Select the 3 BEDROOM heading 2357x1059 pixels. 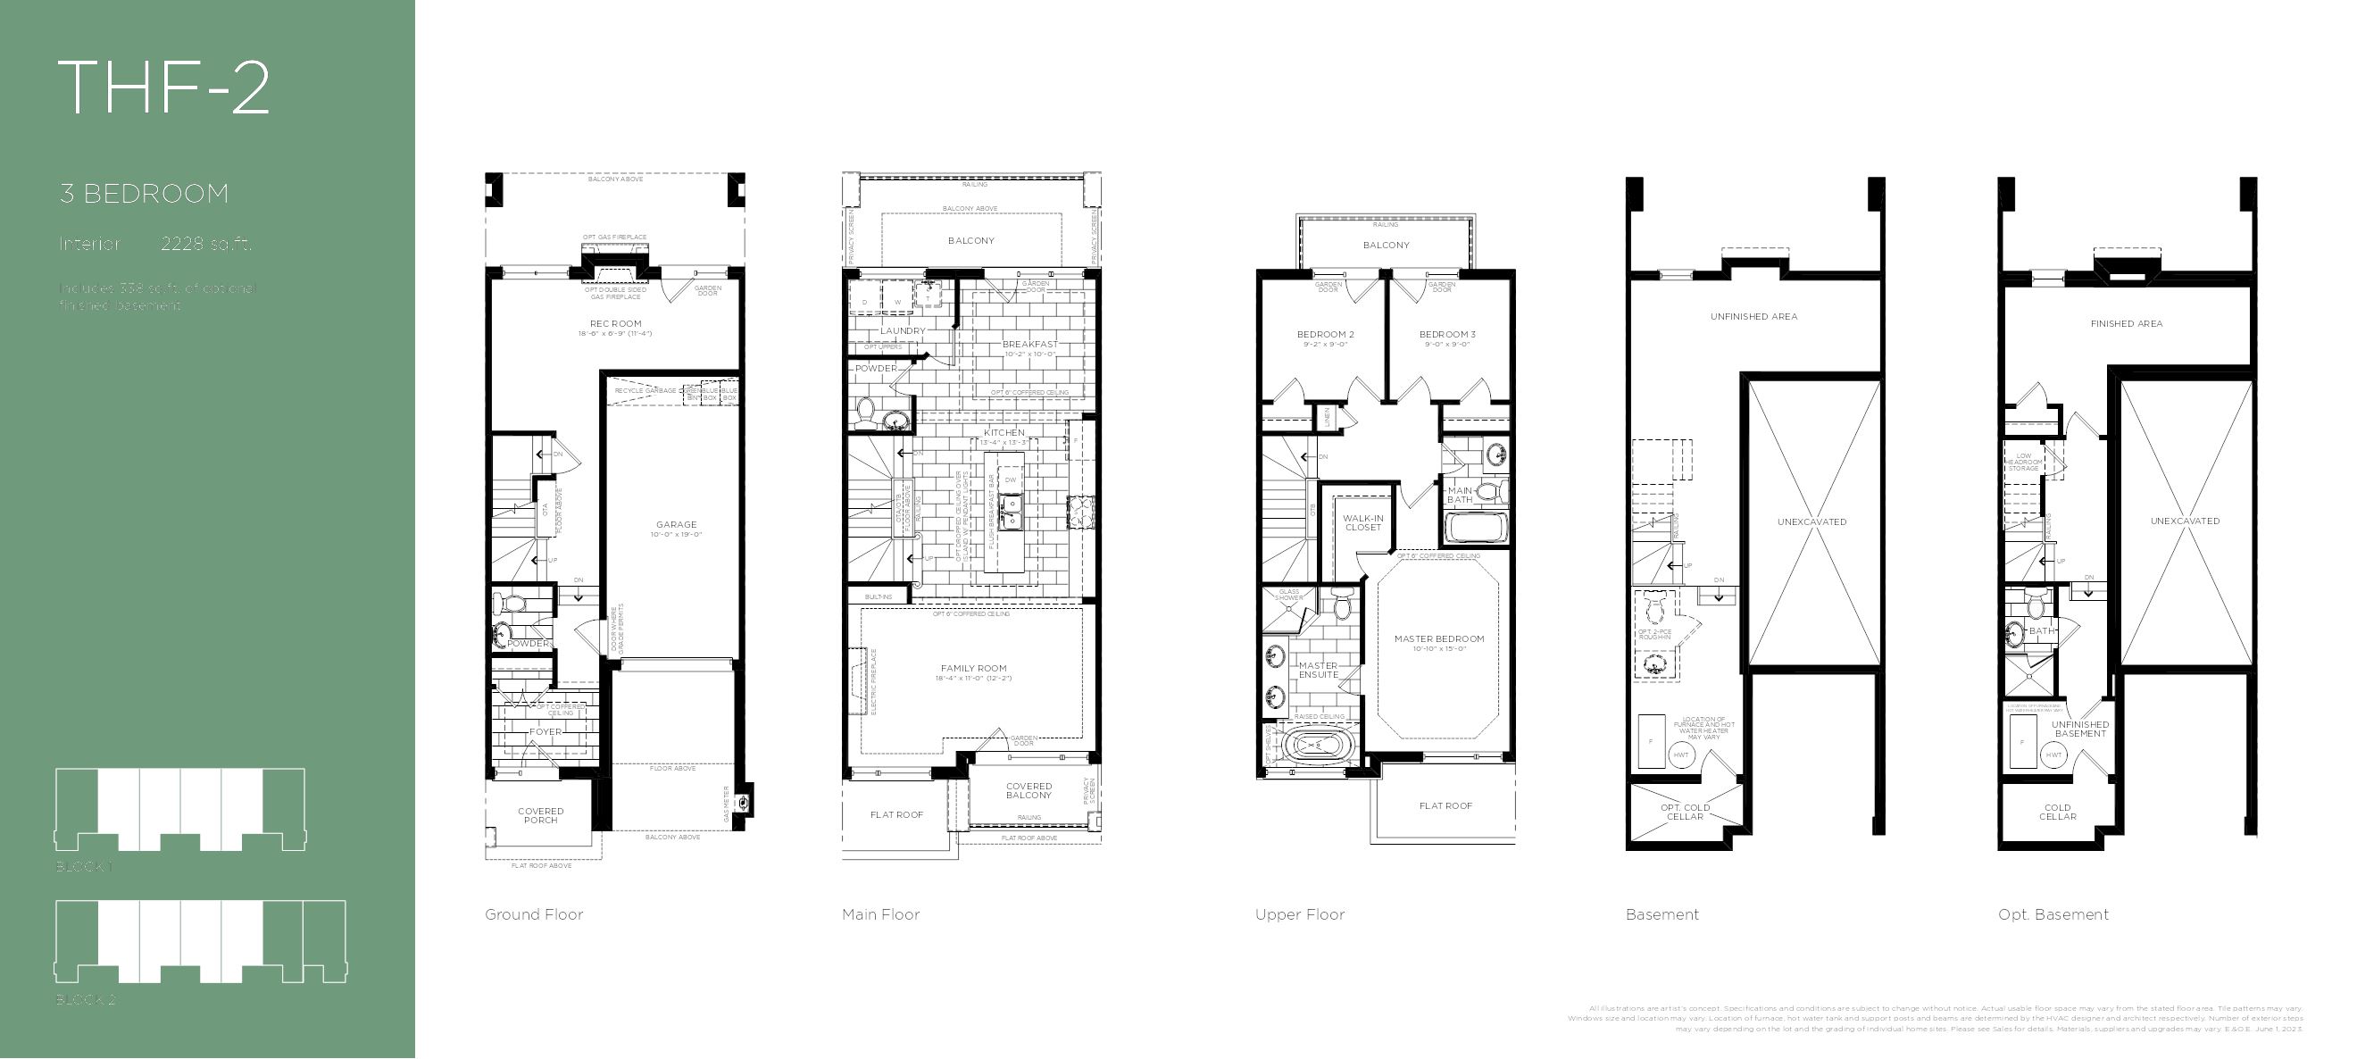(144, 194)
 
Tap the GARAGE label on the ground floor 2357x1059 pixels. (676, 525)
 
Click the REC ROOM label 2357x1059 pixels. (615, 324)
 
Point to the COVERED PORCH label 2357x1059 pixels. (541, 815)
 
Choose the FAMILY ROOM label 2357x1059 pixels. (972, 669)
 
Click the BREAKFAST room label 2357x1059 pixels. (1029, 345)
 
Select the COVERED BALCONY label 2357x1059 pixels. (1029, 791)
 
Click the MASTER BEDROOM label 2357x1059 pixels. (1439, 638)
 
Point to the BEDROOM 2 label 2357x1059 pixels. (1325, 335)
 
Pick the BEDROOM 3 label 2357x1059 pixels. (1447, 335)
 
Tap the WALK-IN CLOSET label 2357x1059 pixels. (1363, 522)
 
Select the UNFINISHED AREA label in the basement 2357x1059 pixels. (1753, 317)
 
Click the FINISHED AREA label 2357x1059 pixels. (2127, 324)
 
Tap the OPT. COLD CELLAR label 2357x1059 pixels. (1685, 812)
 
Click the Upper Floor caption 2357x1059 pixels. (1299, 914)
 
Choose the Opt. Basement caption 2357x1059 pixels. (2053, 914)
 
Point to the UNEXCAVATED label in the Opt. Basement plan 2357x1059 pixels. (2185, 521)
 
